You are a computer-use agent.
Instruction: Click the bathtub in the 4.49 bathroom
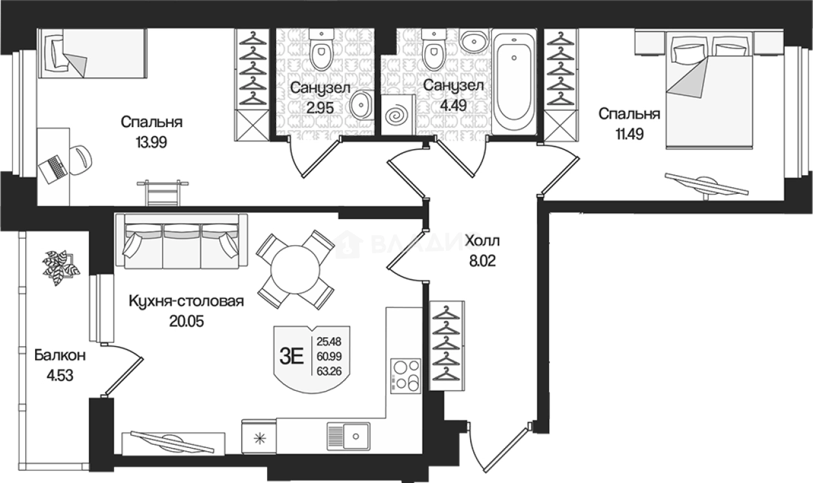513,82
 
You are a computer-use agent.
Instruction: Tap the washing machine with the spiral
399,115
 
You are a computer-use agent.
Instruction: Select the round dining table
295,270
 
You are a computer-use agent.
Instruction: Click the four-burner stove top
405,376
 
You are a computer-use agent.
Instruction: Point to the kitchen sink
348,436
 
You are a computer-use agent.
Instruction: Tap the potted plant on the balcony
60,266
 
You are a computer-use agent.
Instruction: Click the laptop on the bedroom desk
53,169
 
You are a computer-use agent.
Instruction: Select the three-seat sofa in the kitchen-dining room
182,241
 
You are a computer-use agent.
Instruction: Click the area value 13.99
151,142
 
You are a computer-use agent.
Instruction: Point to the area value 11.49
630,134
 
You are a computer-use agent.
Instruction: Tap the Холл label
482,241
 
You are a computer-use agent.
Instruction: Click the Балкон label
60,355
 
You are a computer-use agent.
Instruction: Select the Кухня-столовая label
187,301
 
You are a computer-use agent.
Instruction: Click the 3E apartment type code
292,357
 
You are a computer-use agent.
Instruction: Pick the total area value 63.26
329,371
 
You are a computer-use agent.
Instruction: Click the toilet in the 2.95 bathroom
322,50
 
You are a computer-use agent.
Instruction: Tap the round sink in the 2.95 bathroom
361,105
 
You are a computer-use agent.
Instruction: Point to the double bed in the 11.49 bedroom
709,90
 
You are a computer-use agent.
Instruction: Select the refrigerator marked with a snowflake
259,436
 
